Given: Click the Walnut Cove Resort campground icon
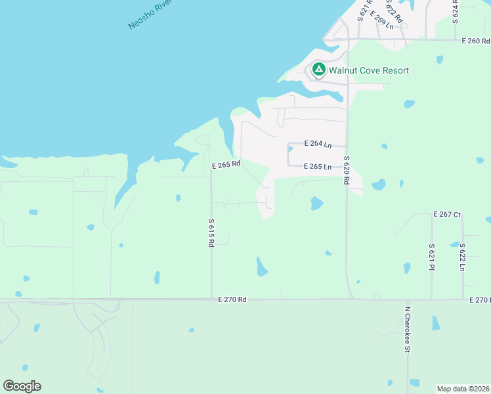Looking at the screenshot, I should pos(318,69).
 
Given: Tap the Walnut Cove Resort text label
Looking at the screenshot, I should pos(369,70).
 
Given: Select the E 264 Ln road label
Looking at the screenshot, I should pos(318,144).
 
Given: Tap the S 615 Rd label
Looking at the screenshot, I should pos(211,232).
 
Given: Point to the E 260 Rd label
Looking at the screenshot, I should pos(476,41).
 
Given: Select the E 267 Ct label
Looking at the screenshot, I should pos(448,215).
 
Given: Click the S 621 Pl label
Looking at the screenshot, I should pos(432,257).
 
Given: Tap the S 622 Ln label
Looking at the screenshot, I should pos(463,257).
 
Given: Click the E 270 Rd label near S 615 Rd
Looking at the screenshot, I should pos(232,299).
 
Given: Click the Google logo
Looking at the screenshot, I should pos(22,386).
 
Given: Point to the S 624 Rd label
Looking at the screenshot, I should pos(456,9).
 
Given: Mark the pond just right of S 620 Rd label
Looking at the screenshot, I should pos(378,185).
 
